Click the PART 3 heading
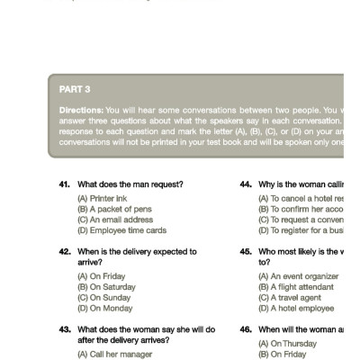pos(74,90)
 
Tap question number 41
pos(65,184)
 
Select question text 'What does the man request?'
pos(130,184)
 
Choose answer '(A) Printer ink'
pos(103,197)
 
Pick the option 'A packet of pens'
pos(111,208)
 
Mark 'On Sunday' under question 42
pos(104,296)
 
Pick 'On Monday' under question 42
pos(104,307)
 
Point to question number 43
pos(65,329)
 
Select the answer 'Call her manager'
pos(112,353)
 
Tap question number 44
pos(246,184)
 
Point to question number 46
pos(246,329)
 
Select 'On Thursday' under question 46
pos(286,343)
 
